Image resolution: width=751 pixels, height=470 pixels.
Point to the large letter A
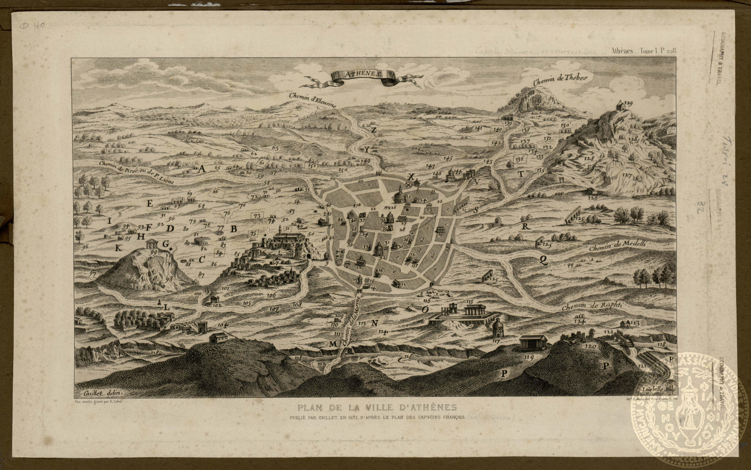point(202,169)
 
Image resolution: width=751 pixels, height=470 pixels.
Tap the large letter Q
point(543,260)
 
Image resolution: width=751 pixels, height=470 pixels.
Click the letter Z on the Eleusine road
point(374,130)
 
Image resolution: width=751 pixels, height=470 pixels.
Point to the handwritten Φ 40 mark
point(33,25)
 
